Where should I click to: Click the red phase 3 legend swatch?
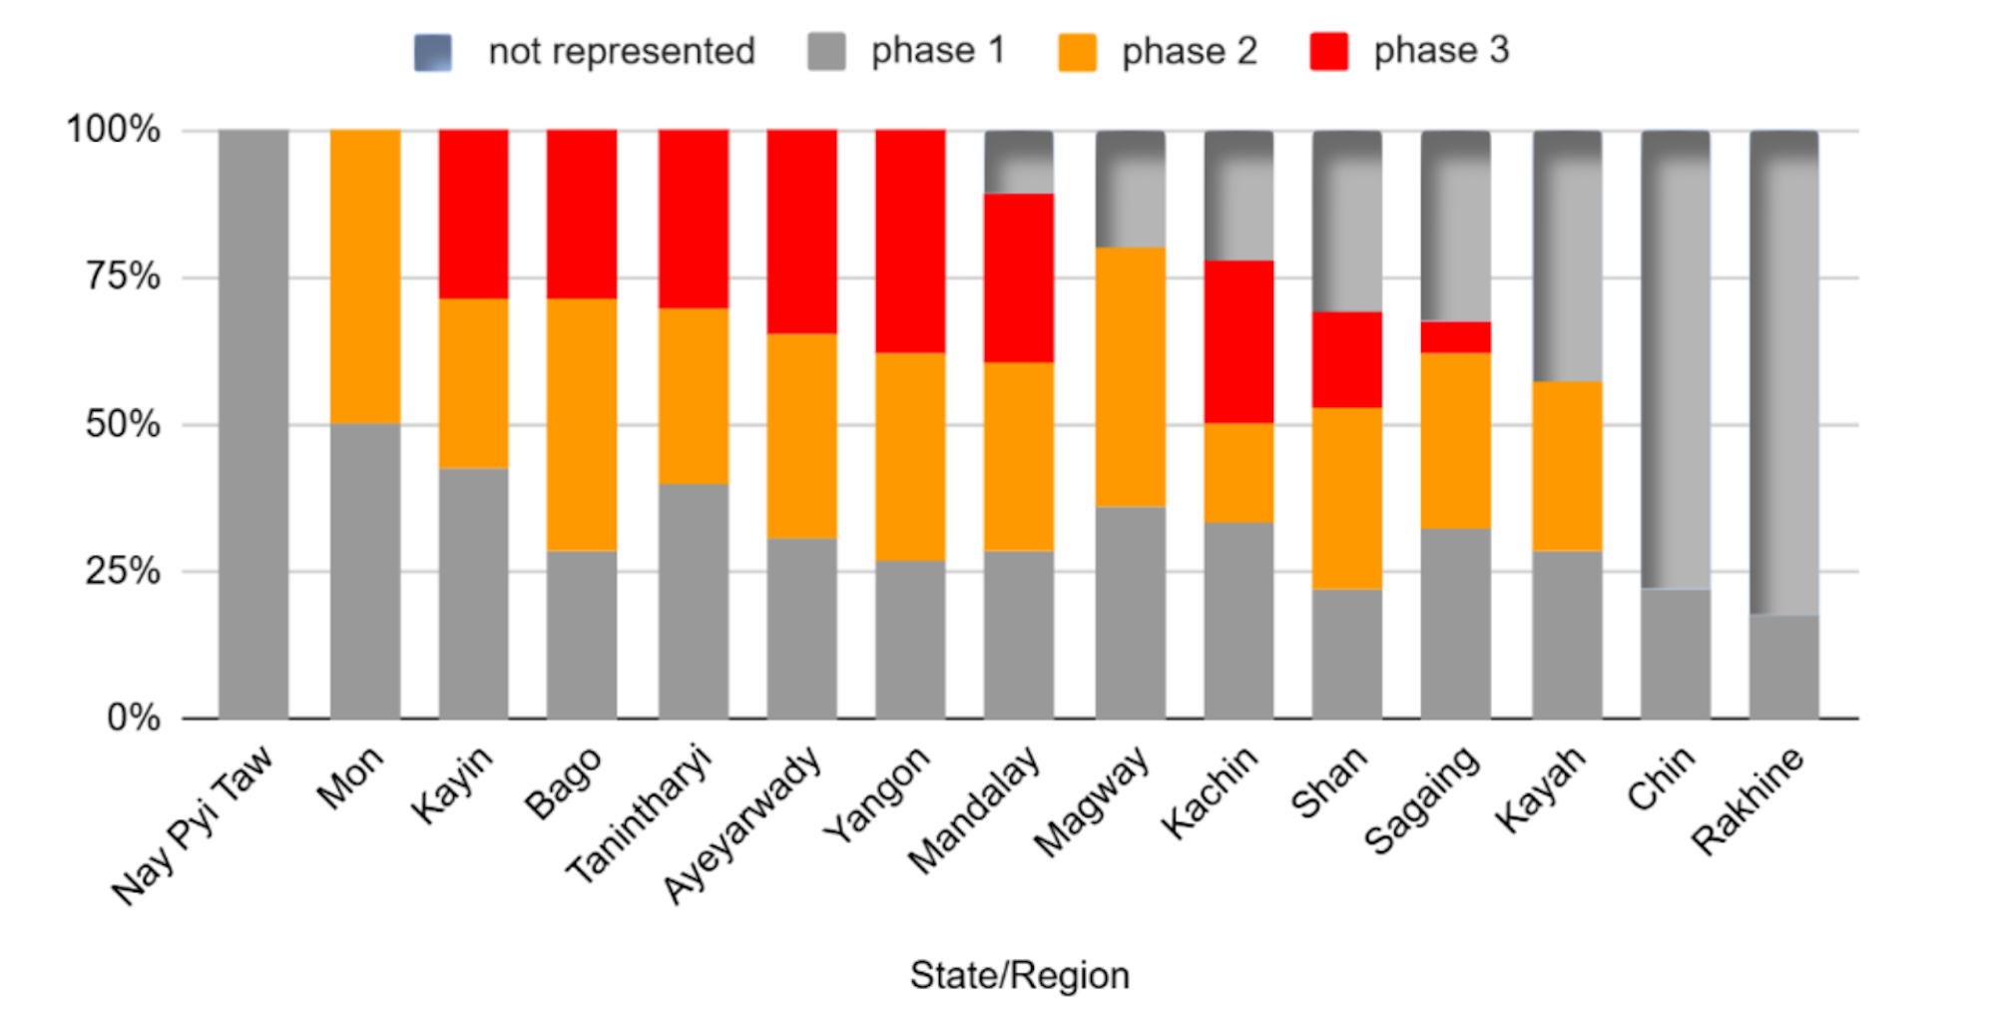click(1328, 52)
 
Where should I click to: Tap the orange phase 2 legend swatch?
click(1077, 52)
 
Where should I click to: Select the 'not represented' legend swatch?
click(433, 52)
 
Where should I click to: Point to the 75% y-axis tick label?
click(122, 276)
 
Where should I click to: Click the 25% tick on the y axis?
click(122, 571)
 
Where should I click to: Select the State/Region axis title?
click(1019, 975)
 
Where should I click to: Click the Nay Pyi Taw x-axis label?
click(194, 825)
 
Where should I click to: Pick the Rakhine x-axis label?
click(1748, 800)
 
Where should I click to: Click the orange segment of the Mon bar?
click(365, 276)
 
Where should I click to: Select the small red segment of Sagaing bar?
click(1456, 337)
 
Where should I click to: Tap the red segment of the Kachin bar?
click(1239, 341)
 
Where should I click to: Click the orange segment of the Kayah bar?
click(1567, 466)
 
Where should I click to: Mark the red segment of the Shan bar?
click(1347, 359)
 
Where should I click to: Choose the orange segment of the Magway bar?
click(1130, 377)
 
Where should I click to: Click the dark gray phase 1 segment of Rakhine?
click(1783, 667)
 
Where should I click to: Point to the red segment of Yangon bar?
click(910, 241)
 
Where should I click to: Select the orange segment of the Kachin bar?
click(1239, 473)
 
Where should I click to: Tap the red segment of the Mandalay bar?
click(1019, 277)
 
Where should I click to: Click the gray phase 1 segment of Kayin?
click(473, 593)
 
